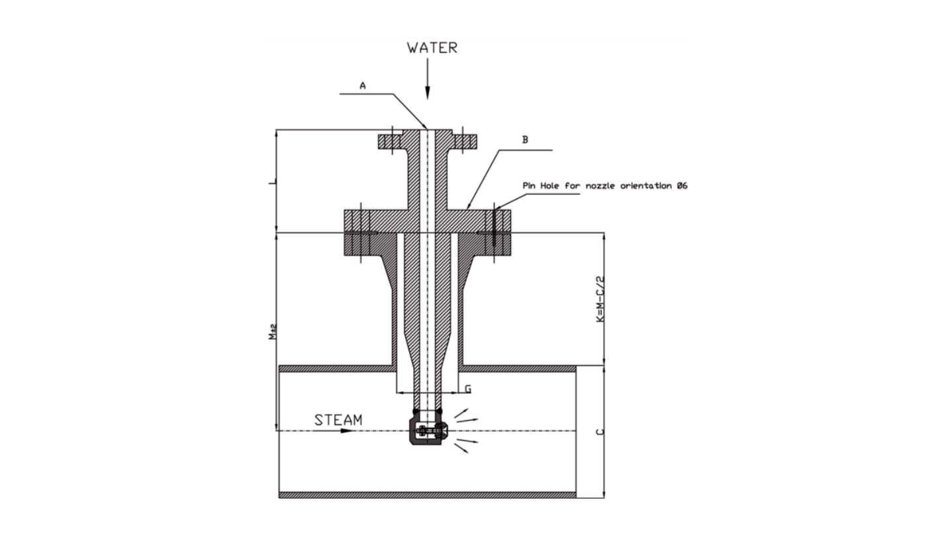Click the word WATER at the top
coord(432,48)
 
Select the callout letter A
coord(362,85)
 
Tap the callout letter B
coord(525,140)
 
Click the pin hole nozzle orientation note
coord(604,186)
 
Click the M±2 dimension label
coord(272,332)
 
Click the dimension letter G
coord(467,389)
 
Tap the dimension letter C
coord(599,431)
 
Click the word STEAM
coord(338,420)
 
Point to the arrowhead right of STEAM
coord(345,431)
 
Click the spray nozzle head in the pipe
coord(428,431)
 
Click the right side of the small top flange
coord(465,141)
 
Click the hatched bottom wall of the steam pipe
coord(427,495)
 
